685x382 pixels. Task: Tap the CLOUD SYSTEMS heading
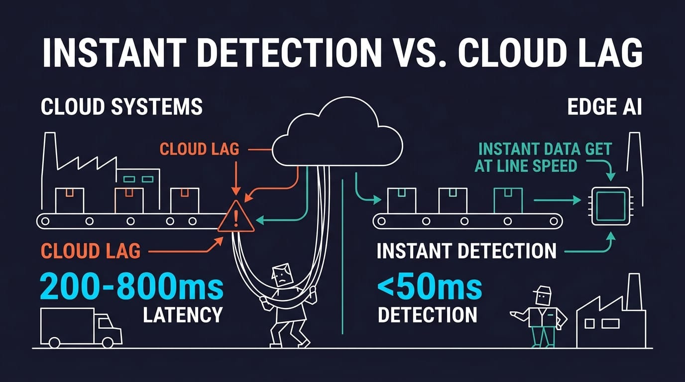(x=121, y=107)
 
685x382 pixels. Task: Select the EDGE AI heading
(x=604, y=107)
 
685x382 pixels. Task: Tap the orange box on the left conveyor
(x=129, y=200)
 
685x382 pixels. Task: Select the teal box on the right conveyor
(x=508, y=200)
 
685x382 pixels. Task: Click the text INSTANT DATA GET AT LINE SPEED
(x=543, y=157)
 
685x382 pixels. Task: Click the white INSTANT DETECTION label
(x=466, y=251)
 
